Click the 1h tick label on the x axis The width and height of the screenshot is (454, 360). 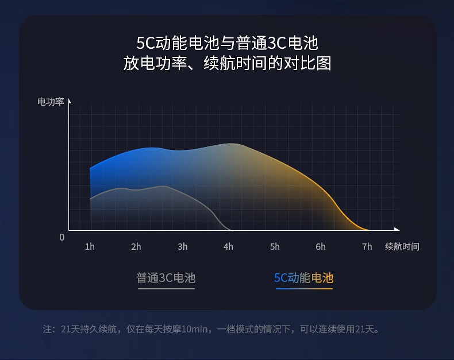(90, 246)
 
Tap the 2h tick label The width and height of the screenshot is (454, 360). (136, 246)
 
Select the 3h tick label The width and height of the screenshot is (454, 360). (182, 246)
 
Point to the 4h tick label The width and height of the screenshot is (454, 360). (228, 246)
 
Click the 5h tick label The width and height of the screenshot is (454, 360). (275, 246)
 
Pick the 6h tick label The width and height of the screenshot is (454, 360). (321, 246)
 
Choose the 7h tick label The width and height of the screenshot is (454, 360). (367, 246)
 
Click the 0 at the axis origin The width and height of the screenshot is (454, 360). (61, 237)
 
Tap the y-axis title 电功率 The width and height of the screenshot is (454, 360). (51, 102)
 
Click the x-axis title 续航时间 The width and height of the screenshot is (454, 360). (402, 246)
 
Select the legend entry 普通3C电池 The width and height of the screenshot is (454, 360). (166, 278)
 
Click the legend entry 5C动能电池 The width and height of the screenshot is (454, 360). (304, 278)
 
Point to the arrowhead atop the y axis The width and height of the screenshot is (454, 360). (70, 101)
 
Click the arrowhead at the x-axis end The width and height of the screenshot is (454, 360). (397, 229)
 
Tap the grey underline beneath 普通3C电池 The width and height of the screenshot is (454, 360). (166, 289)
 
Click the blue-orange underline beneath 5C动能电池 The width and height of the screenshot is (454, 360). (304, 289)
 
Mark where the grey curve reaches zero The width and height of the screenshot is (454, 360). (232, 230)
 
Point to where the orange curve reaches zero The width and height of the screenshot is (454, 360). (367, 230)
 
